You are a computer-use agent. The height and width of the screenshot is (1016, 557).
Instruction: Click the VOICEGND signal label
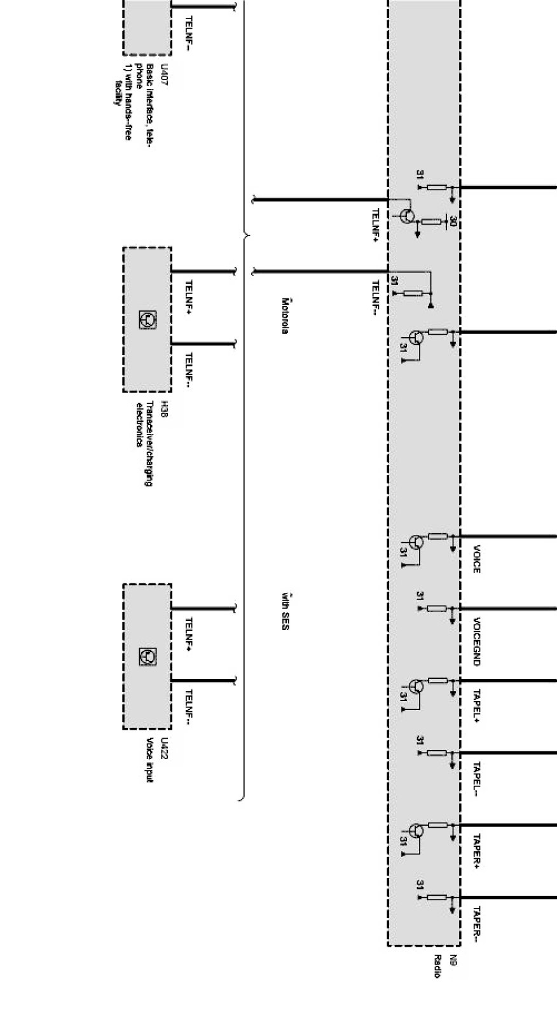(477, 641)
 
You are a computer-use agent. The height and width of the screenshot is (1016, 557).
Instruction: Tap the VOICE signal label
(477, 559)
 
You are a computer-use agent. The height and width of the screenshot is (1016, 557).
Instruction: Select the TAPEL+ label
(477, 706)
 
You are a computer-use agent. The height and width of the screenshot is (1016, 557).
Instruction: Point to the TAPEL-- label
(477, 779)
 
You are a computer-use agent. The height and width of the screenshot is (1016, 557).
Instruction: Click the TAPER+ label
(477, 851)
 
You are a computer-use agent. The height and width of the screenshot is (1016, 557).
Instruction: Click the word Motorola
(285, 316)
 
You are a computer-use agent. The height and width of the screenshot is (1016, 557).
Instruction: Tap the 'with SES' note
(285, 612)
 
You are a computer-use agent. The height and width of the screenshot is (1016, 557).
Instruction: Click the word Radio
(438, 966)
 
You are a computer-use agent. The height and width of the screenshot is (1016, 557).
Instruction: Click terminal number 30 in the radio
(453, 222)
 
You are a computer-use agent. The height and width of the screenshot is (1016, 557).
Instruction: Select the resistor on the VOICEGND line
(436, 609)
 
